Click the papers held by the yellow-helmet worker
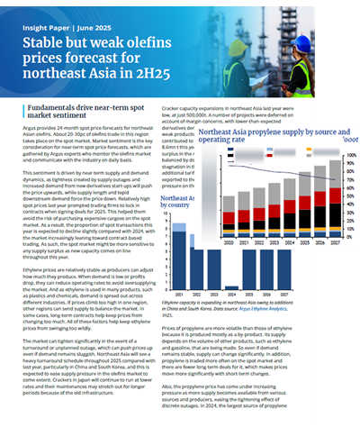pos(277,89)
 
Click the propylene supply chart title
pos(271,135)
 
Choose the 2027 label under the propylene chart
pos(334,242)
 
